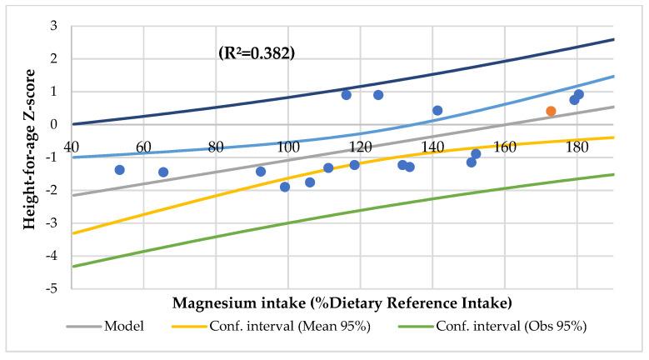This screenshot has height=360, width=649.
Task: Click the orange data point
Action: click(551, 111)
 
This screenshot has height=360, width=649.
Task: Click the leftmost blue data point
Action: click(119, 170)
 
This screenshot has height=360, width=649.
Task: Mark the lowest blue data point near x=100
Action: click(285, 187)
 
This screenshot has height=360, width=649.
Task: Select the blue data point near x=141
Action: click(437, 110)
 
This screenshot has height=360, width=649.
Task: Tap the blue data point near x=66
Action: click(163, 172)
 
